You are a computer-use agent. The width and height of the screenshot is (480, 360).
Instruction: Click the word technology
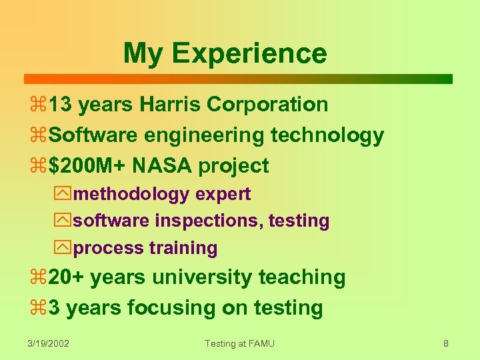click(x=327, y=136)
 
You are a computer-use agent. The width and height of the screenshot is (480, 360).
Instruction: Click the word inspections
click(x=208, y=221)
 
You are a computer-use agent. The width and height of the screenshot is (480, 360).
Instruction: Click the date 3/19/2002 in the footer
click(x=49, y=343)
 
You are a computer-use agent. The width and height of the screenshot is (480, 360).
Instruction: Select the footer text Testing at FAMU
click(x=239, y=343)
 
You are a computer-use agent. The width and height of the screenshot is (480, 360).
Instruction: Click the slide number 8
click(x=446, y=343)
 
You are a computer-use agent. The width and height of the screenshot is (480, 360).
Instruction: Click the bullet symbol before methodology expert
click(x=63, y=195)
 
